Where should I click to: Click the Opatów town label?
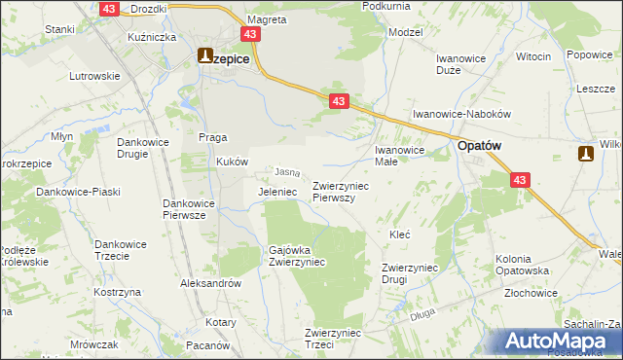[480, 145]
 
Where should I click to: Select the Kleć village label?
[399, 235]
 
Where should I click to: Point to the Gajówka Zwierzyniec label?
[297, 256]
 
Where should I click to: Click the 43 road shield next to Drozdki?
[110, 8]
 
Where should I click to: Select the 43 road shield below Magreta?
[252, 34]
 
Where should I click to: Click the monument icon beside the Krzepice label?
[205, 56]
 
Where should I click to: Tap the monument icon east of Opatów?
[585, 153]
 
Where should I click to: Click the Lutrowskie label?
[93, 75]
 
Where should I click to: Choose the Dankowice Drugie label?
[144, 148]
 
